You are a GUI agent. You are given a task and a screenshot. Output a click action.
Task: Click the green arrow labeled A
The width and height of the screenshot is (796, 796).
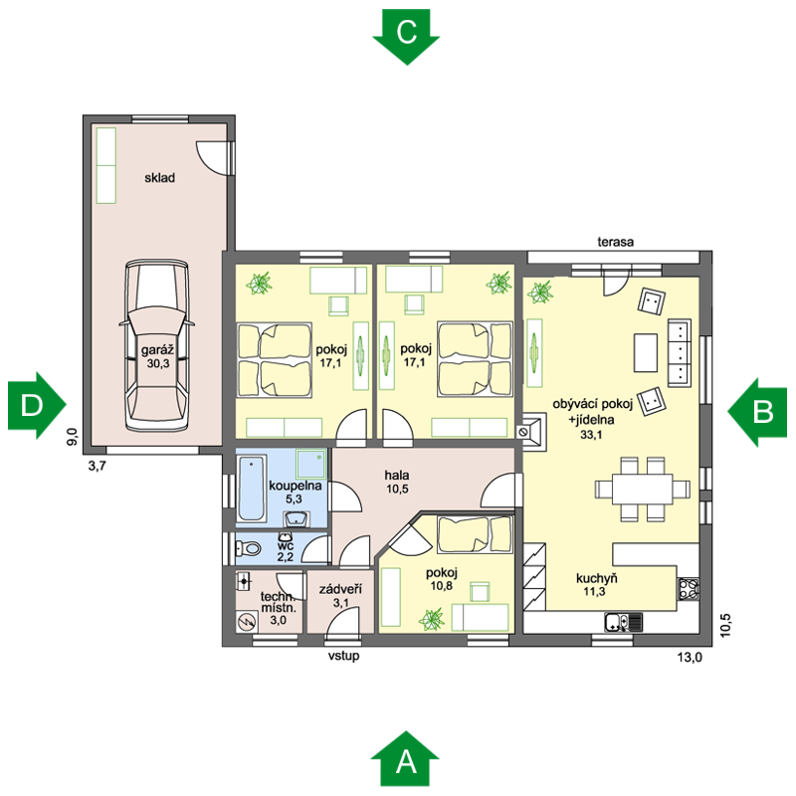(405, 759)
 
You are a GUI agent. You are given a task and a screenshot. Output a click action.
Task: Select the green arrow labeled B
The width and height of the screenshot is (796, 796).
(757, 412)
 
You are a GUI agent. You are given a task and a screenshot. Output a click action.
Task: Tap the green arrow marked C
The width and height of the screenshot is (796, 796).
(406, 37)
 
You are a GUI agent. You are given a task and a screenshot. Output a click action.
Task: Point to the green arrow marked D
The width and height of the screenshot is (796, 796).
(37, 405)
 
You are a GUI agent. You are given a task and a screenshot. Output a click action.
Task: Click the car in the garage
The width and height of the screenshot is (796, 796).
(157, 346)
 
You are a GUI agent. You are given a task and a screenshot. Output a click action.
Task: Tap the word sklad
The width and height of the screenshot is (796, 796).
(159, 178)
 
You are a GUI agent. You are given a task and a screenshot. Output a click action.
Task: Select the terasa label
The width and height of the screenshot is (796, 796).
(615, 242)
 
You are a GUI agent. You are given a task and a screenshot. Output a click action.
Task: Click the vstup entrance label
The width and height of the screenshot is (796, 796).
(343, 656)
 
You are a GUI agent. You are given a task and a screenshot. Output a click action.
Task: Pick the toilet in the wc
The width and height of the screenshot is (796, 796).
(248, 549)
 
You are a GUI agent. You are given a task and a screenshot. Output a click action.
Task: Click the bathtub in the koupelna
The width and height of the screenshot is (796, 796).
(252, 489)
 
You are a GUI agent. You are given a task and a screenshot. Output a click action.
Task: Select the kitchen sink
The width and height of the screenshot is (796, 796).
(624, 622)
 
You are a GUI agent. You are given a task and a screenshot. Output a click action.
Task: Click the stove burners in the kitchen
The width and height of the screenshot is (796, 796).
(689, 589)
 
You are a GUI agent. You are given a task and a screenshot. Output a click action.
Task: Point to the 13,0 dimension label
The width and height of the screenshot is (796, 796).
(689, 658)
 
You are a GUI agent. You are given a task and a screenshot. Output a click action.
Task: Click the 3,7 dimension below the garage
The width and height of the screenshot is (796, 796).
(97, 466)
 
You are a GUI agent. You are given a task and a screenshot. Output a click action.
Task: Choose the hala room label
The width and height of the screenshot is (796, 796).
(396, 476)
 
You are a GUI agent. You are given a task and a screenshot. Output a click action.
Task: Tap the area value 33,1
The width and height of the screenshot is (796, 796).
(591, 434)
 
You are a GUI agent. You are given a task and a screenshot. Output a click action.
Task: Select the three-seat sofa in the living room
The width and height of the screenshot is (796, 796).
(679, 352)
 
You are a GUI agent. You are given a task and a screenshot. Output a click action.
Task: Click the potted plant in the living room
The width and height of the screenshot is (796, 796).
(539, 293)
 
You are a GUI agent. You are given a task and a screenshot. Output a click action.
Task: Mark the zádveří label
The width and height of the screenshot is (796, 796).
(340, 589)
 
